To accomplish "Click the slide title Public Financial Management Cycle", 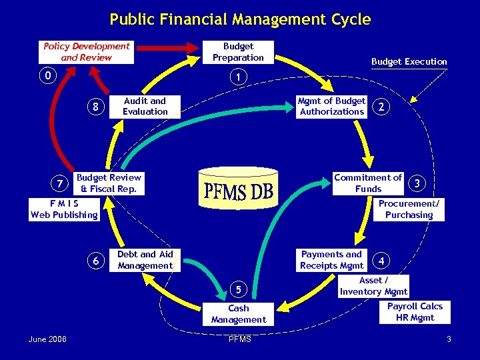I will (240, 19).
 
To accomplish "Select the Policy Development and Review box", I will (87, 52).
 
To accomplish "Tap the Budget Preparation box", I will (238, 52).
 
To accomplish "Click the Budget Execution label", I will (409, 61).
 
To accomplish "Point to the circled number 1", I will (238, 77).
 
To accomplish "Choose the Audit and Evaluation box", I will (145, 106).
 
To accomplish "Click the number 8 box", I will (96, 106).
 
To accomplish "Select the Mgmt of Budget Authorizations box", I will (331, 106).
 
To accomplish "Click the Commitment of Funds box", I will (368, 183).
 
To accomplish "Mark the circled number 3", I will (417, 182).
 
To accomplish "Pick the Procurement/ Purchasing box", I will (409, 209).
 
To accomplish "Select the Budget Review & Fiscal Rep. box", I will (109, 183).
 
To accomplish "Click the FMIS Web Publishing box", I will (64, 209).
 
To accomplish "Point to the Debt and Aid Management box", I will (145, 259).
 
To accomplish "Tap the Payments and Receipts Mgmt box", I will (331, 259).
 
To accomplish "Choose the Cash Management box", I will (238, 314).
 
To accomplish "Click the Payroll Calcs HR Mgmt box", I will (415, 311).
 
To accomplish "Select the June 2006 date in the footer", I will (47, 340).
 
